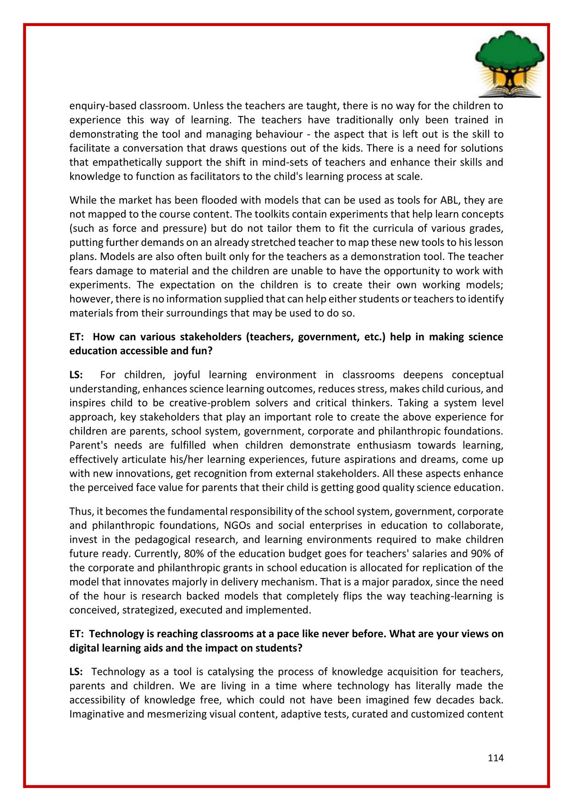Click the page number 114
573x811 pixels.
pyautogui.click(x=496, y=758)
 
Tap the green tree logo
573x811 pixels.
pyautogui.click(x=509, y=63)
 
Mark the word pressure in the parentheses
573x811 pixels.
pyautogui.click(x=174, y=228)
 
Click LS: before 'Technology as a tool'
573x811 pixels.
pyautogui.click(x=76, y=672)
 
